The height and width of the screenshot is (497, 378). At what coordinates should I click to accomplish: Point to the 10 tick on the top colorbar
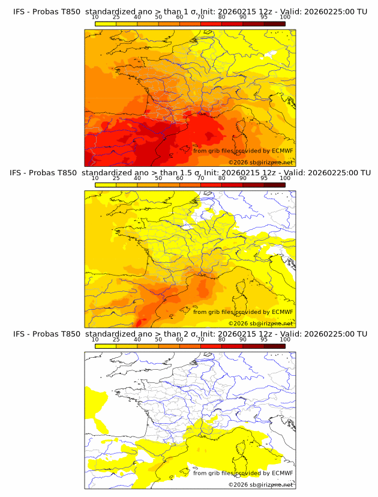[x=95, y=17]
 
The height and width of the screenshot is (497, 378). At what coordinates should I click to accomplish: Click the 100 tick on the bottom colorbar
[x=286, y=339]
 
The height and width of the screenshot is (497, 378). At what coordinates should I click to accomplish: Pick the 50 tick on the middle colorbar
[x=158, y=178]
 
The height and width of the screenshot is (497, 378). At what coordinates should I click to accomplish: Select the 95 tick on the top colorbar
[x=265, y=17]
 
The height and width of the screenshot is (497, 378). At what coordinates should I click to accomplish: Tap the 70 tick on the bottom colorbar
[x=201, y=339]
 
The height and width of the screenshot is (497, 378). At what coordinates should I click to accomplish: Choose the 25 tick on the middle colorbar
[x=116, y=178]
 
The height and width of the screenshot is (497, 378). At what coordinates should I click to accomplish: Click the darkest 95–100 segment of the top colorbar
[x=275, y=23]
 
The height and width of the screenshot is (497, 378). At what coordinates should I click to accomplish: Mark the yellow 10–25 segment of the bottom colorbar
[x=106, y=346]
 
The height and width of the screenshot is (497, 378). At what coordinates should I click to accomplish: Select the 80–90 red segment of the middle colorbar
[x=232, y=185]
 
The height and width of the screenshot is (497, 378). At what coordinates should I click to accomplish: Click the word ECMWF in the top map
[x=282, y=151]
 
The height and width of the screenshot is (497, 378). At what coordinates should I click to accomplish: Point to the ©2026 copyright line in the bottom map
[x=260, y=484]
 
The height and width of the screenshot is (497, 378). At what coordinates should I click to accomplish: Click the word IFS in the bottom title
[x=19, y=334]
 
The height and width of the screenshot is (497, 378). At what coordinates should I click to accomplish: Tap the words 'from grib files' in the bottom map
[x=212, y=473]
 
